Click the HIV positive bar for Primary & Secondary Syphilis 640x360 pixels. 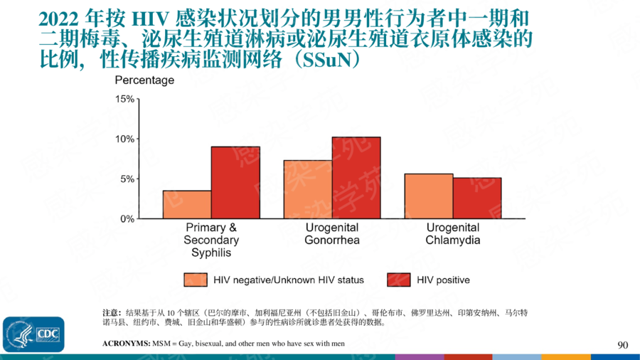click(235, 183)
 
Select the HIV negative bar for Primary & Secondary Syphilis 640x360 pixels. click(187, 205)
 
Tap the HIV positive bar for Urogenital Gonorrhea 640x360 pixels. click(356, 178)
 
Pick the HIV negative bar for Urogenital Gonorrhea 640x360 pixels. click(308, 190)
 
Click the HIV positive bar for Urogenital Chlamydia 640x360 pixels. click(477, 198)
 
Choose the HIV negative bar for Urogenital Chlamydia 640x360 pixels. click(429, 196)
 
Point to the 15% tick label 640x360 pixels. click(125, 99)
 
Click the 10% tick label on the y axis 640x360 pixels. click(125, 139)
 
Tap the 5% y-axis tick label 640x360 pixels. click(127, 179)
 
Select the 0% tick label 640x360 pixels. click(127, 219)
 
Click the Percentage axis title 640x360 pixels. click(144, 80)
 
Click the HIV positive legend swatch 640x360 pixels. click(398, 280)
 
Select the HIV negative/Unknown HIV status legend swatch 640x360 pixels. click(196, 280)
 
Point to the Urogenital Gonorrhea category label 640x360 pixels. click(332, 234)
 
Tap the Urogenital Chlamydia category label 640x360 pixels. click(453, 234)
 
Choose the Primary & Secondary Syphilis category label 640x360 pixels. click(211, 240)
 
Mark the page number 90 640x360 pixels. click(623, 345)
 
